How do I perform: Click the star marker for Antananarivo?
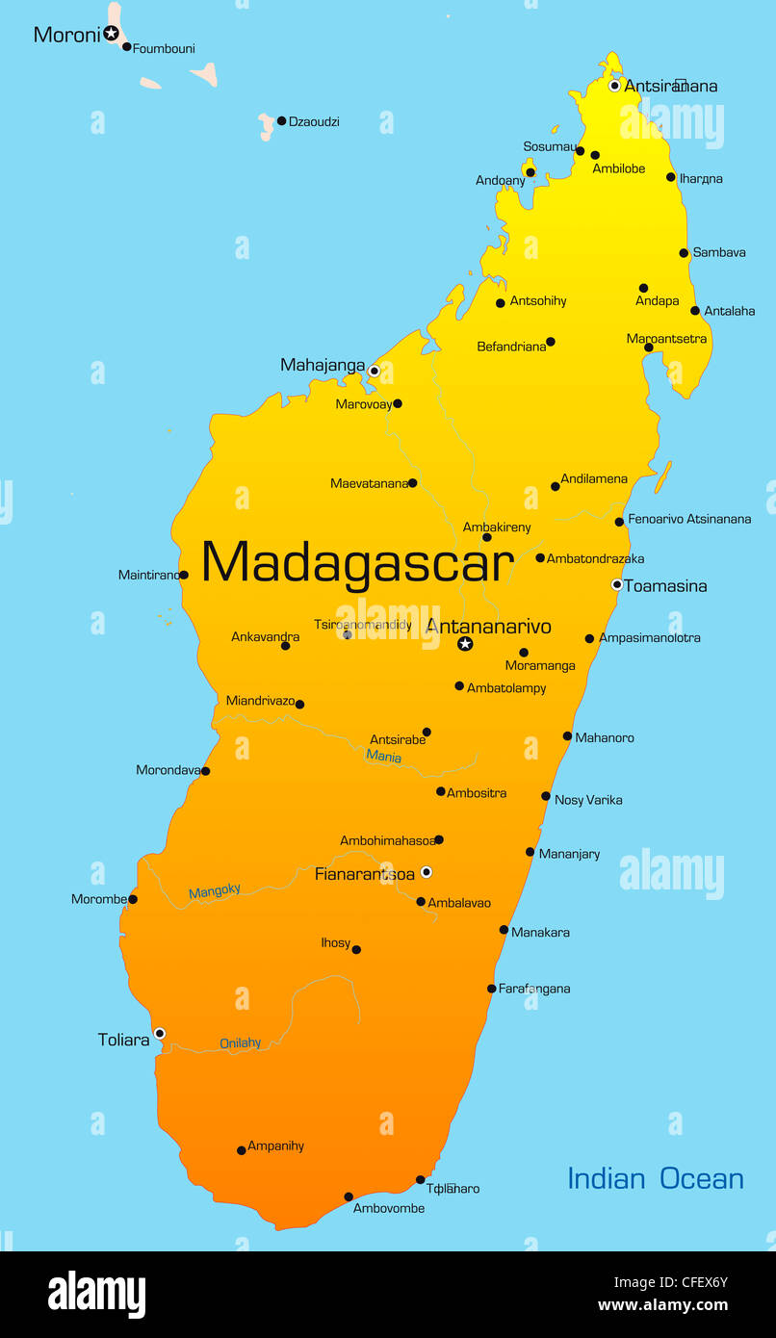465,644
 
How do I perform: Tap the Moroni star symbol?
112,34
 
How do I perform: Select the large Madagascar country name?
356,562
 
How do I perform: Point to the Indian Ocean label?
655,1178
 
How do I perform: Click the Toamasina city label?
665,585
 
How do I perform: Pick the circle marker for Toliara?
160,1034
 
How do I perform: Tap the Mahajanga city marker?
375,371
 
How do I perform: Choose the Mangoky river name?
215,891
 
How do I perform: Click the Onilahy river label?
241,1042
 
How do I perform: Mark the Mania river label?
383,757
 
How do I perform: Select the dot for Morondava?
205,771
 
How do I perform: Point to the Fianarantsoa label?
365,874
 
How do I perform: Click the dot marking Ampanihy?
241,1150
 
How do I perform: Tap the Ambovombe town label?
389,1208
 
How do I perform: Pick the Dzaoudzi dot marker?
281,121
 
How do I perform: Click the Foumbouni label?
164,48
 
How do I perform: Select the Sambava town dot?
684,253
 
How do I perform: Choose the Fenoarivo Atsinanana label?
689,519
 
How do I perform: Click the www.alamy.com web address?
662,1305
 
